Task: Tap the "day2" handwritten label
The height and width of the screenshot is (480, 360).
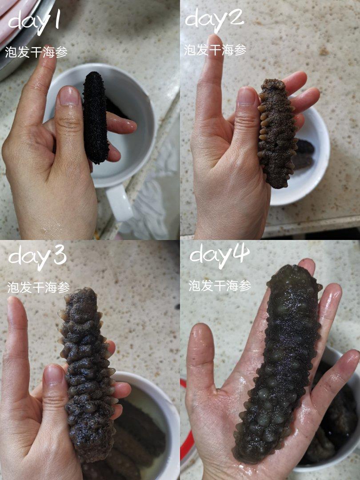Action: pyautogui.click(x=214, y=19)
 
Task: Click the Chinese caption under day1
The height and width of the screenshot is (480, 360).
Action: pyautogui.click(x=36, y=52)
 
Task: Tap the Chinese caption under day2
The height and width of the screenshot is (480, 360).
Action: pyautogui.click(x=215, y=50)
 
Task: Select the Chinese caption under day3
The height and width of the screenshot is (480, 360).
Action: pyautogui.click(x=39, y=288)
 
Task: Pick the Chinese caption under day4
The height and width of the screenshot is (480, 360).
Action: pyautogui.click(x=220, y=286)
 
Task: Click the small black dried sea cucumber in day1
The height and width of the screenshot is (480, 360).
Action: pyautogui.click(x=96, y=117)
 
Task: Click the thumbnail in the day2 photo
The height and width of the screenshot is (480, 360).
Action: pyautogui.click(x=246, y=97)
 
